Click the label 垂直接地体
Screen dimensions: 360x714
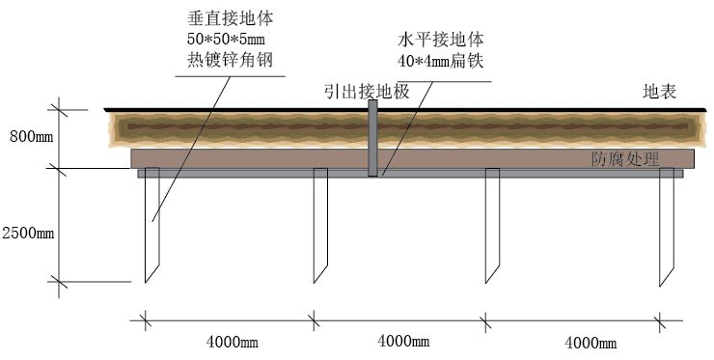[228, 19]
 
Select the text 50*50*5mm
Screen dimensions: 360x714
[228, 40]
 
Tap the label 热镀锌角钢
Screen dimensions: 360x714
[228, 60]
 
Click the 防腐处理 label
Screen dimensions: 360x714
[625, 159]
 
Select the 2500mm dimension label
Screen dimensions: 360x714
[29, 233]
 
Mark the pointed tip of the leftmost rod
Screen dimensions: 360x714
[147, 281]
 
